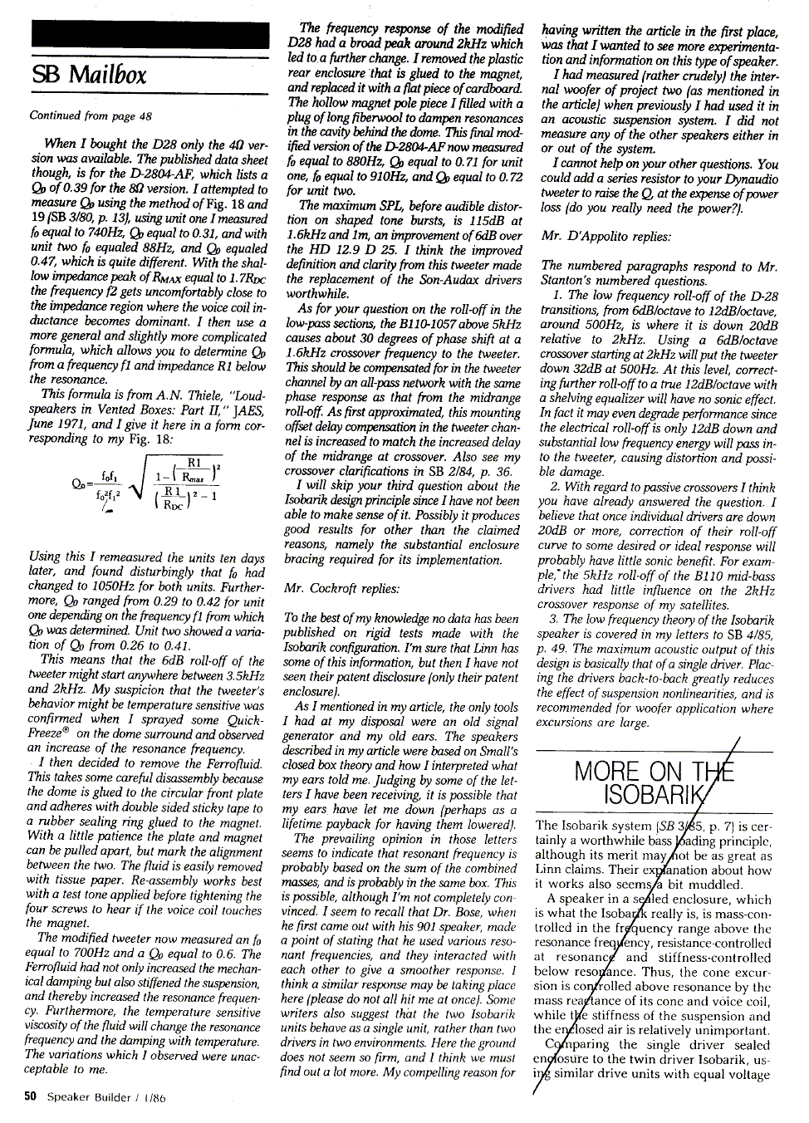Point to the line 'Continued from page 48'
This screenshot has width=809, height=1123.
click(x=91, y=115)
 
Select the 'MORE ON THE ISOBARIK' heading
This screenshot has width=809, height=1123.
click(x=654, y=782)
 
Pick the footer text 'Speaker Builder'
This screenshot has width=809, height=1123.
click(x=89, y=1096)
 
